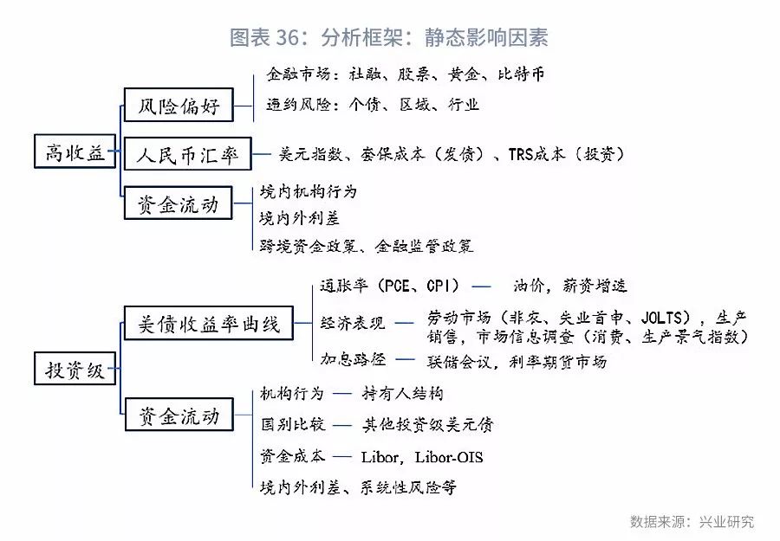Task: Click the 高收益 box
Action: pyautogui.click(x=75, y=151)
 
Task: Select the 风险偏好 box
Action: pyautogui.click(x=179, y=105)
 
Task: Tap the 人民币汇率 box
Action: pyautogui.click(x=187, y=154)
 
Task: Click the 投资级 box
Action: pyautogui.click(x=75, y=369)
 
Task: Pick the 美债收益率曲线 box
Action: pyautogui.click(x=208, y=324)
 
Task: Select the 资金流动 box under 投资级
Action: pyautogui.click(x=179, y=415)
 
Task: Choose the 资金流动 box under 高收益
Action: pyautogui.click(x=178, y=203)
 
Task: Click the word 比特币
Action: pyautogui.click(x=521, y=74)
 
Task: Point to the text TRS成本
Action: pyautogui.click(x=536, y=154)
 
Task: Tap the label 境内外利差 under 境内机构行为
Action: pyautogui.click(x=299, y=218)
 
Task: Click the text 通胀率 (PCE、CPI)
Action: pyautogui.click(x=389, y=286)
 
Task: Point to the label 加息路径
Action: pyautogui.click(x=354, y=358)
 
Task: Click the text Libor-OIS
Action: pyautogui.click(x=449, y=456)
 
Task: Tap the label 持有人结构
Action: pyautogui.click(x=402, y=394)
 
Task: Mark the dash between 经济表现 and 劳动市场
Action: pyautogui.click(x=404, y=324)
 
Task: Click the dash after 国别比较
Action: pyautogui.click(x=341, y=425)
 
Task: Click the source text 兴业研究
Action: pyautogui.click(x=726, y=521)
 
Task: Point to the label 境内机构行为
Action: pyautogui.click(x=309, y=191)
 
